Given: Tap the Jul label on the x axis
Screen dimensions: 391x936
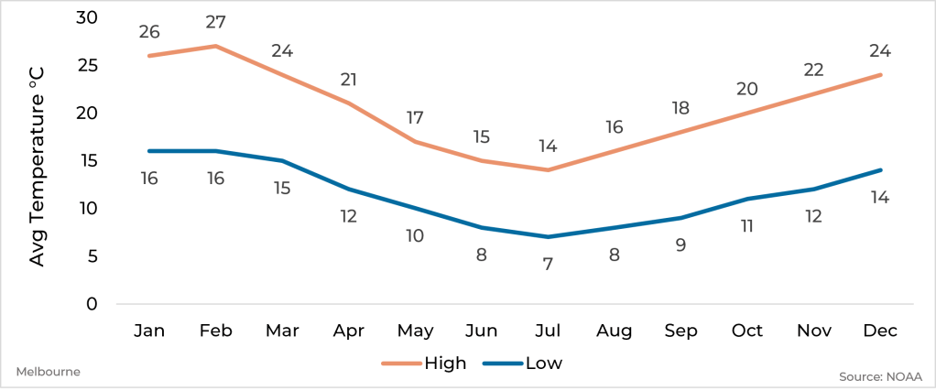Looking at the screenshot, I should click(548, 331).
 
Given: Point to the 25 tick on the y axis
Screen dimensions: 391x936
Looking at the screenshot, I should click(88, 66).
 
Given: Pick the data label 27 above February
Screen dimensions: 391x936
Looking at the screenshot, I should click(215, 22).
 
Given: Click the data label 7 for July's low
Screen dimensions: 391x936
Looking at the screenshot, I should click(548, 264).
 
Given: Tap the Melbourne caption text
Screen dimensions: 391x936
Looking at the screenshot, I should click(49, 372).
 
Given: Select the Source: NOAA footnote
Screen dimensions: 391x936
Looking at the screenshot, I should click(880, 376).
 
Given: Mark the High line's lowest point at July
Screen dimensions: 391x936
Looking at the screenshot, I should click(548, 169).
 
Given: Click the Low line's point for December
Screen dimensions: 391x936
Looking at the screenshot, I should click(880, 169).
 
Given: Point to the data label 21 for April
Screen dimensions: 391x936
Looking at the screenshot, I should click(348, 80).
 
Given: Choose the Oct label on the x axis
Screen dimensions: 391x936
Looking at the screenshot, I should click(747, 331).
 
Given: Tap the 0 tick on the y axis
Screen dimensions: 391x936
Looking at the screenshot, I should click(93, 304).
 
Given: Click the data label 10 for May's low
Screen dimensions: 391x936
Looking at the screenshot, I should click(415, 235).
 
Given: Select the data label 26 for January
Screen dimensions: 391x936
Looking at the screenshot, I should click(149, 32).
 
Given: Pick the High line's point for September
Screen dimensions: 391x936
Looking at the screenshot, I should click(680, 132).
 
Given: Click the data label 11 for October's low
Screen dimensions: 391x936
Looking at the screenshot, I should click(747, 225).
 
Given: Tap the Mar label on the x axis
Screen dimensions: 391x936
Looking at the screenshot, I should click(282, 331).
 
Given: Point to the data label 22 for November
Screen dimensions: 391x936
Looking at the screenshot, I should click(814, 70).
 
